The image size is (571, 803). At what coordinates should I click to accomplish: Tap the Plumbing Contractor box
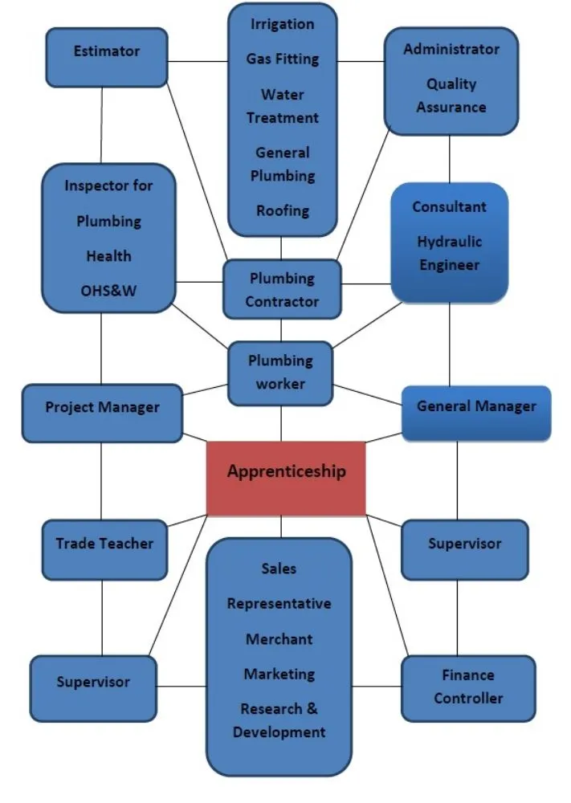(282, 290)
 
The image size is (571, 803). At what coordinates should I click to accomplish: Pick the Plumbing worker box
(280, 373)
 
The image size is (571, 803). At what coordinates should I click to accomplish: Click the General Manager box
(475, 413)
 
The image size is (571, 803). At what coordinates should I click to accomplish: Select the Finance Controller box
(468, 687)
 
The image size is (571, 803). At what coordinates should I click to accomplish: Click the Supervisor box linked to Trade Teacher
(93, 687)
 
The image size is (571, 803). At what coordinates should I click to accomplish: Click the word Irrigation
(282, 24)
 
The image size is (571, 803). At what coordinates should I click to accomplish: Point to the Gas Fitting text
(282, 59)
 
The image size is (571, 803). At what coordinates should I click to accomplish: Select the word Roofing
(282, 210)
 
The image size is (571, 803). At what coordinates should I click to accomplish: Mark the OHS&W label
(109, 291)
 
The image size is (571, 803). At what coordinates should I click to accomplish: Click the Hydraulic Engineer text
(449, 253)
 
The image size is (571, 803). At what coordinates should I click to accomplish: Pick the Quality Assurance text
(451, 95)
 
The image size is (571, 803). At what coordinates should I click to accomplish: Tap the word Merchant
(279, 639)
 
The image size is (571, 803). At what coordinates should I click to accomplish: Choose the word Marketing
(279, 674)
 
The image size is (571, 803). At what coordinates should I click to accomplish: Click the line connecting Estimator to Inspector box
(103, 124)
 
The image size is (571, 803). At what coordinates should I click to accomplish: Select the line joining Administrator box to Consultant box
(449, 158)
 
